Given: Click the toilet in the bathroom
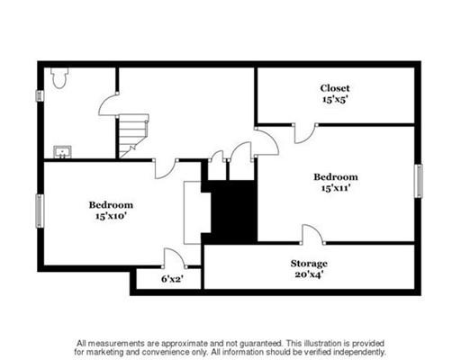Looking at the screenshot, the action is (x=59, y=78).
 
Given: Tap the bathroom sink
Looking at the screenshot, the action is (x=62, y=152).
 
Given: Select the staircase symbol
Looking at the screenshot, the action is (x=134, y=136).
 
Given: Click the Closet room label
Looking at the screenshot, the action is (x=335, y=88).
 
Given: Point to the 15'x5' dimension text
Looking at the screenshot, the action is (x=335, y=99).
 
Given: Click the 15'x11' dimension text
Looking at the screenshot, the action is (x=336, y=188).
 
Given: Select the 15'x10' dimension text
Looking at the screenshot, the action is (x=111, y=216).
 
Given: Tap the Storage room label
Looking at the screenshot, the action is (x=309, y=264).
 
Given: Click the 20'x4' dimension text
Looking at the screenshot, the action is (x=309, y=274).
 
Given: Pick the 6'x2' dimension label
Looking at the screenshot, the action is (x=172, y=279).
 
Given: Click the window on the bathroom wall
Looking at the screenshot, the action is (x=40, y=95).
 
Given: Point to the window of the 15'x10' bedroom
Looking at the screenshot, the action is (x=40, y=211).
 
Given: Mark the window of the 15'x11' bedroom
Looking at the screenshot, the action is (x=419, y=181).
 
